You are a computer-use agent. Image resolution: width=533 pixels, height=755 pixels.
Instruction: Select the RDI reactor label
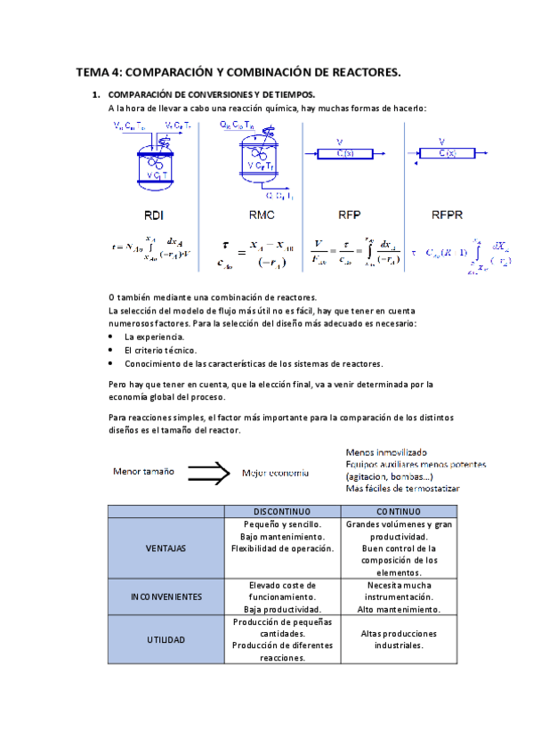153,215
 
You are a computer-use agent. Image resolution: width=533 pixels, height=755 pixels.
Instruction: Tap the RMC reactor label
261,215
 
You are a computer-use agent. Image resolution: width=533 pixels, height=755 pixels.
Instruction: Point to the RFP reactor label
349,215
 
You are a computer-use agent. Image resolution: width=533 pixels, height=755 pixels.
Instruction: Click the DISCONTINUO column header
281,511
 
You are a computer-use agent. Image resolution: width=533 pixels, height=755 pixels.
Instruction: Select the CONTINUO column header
399,511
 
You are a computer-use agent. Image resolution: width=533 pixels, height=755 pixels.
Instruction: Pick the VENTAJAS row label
165,548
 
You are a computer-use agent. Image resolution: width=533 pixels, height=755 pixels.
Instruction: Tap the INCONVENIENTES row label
165,597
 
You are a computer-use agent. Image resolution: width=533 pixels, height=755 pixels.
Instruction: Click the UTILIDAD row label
165,639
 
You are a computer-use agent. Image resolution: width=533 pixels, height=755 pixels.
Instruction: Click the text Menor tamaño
142,470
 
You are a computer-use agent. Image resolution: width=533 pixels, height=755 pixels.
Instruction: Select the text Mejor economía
276,473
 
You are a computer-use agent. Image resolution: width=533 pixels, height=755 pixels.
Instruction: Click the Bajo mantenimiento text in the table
281,537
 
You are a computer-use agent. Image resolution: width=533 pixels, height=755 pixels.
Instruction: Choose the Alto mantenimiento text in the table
399,610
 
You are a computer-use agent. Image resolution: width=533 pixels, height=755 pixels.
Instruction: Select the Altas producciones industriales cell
399,639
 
